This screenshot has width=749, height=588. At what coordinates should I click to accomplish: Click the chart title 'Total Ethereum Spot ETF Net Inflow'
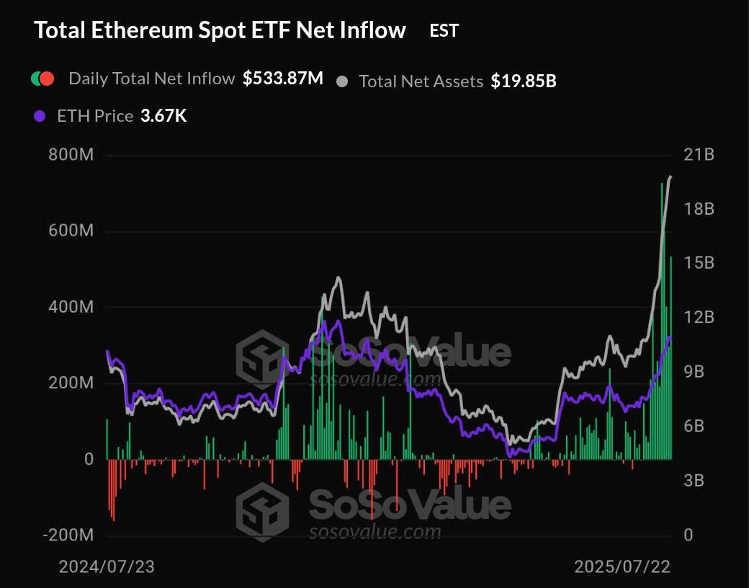tap(220, 30)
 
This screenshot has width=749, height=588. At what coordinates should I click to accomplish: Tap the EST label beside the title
tap(444, 30)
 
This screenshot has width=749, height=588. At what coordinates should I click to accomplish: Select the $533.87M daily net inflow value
tap(283, 79)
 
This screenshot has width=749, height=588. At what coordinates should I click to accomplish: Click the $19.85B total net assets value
tap(524, 81)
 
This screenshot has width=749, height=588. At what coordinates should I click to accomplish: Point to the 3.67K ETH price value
tap(163, 115)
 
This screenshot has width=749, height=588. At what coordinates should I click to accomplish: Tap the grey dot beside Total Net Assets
tap(343, 81)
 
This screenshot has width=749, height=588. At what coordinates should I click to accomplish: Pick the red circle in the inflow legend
tap(48, 79)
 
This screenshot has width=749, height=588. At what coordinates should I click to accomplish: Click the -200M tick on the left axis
tap(68, 535)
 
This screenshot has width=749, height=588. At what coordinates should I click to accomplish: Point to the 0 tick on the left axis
tap(89, 459)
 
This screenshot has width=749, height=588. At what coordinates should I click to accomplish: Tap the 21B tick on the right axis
tap(699, 155)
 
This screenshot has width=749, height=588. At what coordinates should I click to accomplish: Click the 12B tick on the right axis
tap(699, 318)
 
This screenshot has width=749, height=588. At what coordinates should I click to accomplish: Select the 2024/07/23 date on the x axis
tap(107, 566)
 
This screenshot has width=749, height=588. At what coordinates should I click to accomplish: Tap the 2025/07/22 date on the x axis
tap(622, 566)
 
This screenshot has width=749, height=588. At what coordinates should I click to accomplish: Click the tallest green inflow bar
tap(662, 324)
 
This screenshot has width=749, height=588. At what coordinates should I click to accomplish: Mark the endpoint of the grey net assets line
tap(671, 177)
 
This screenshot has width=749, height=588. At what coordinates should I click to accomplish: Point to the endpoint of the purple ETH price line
tap(670, 337)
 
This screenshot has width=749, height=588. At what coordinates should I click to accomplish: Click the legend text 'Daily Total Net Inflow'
tap(151, 79)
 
